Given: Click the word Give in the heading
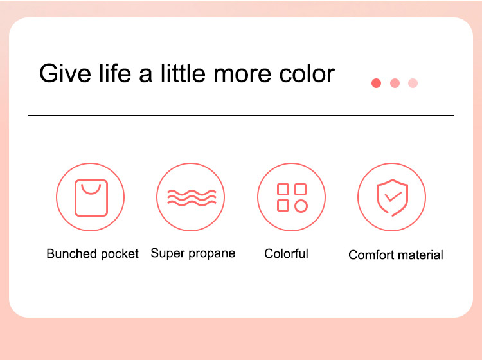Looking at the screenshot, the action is [x=65, y=73].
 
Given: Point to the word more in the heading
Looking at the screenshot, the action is [x=242, y=75].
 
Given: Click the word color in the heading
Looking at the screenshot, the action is [x=307, y=73].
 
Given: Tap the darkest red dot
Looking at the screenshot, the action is [x=376, y=83].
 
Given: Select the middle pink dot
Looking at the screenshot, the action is [x=395, y=83].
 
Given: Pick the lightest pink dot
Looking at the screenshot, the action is [x=413, y=83].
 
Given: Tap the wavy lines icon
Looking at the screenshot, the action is [x=192, y=197].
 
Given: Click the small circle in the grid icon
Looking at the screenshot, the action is [x=301, y=206].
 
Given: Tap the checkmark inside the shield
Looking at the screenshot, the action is [x=393, y=197].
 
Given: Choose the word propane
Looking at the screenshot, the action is [x=212, y=254].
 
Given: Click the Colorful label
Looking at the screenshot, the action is [x=286, y=254].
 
